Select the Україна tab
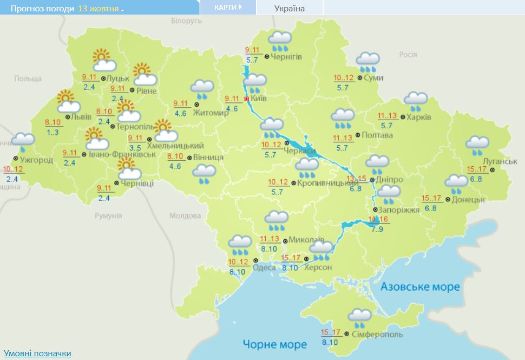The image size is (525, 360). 290,8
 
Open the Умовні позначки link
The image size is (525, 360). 37,353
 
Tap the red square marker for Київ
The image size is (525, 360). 246,99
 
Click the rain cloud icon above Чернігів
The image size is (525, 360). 280,41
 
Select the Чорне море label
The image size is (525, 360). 274,344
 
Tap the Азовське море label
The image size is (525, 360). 419,286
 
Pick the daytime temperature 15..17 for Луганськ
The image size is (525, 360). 477,169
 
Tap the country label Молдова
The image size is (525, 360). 185,215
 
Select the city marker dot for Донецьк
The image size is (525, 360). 448,200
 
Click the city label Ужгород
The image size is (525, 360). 36,160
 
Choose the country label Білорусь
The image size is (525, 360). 186,21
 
